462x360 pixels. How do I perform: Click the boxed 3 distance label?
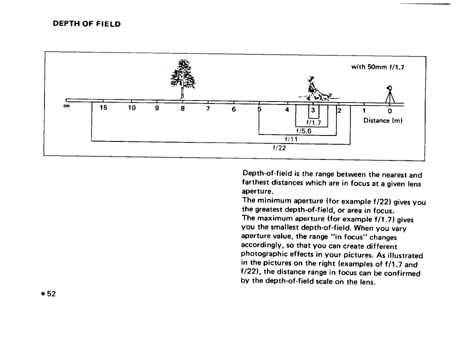coord(313,111)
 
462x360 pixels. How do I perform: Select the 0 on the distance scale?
coord(389,111)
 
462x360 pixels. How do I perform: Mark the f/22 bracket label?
coord(278,148)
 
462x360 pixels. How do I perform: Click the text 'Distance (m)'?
coord(383,121)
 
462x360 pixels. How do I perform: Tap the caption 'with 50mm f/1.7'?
coord(377,66)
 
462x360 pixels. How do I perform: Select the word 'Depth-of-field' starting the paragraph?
coord(264,175)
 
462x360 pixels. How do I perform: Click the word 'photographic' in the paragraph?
coord(264,254)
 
